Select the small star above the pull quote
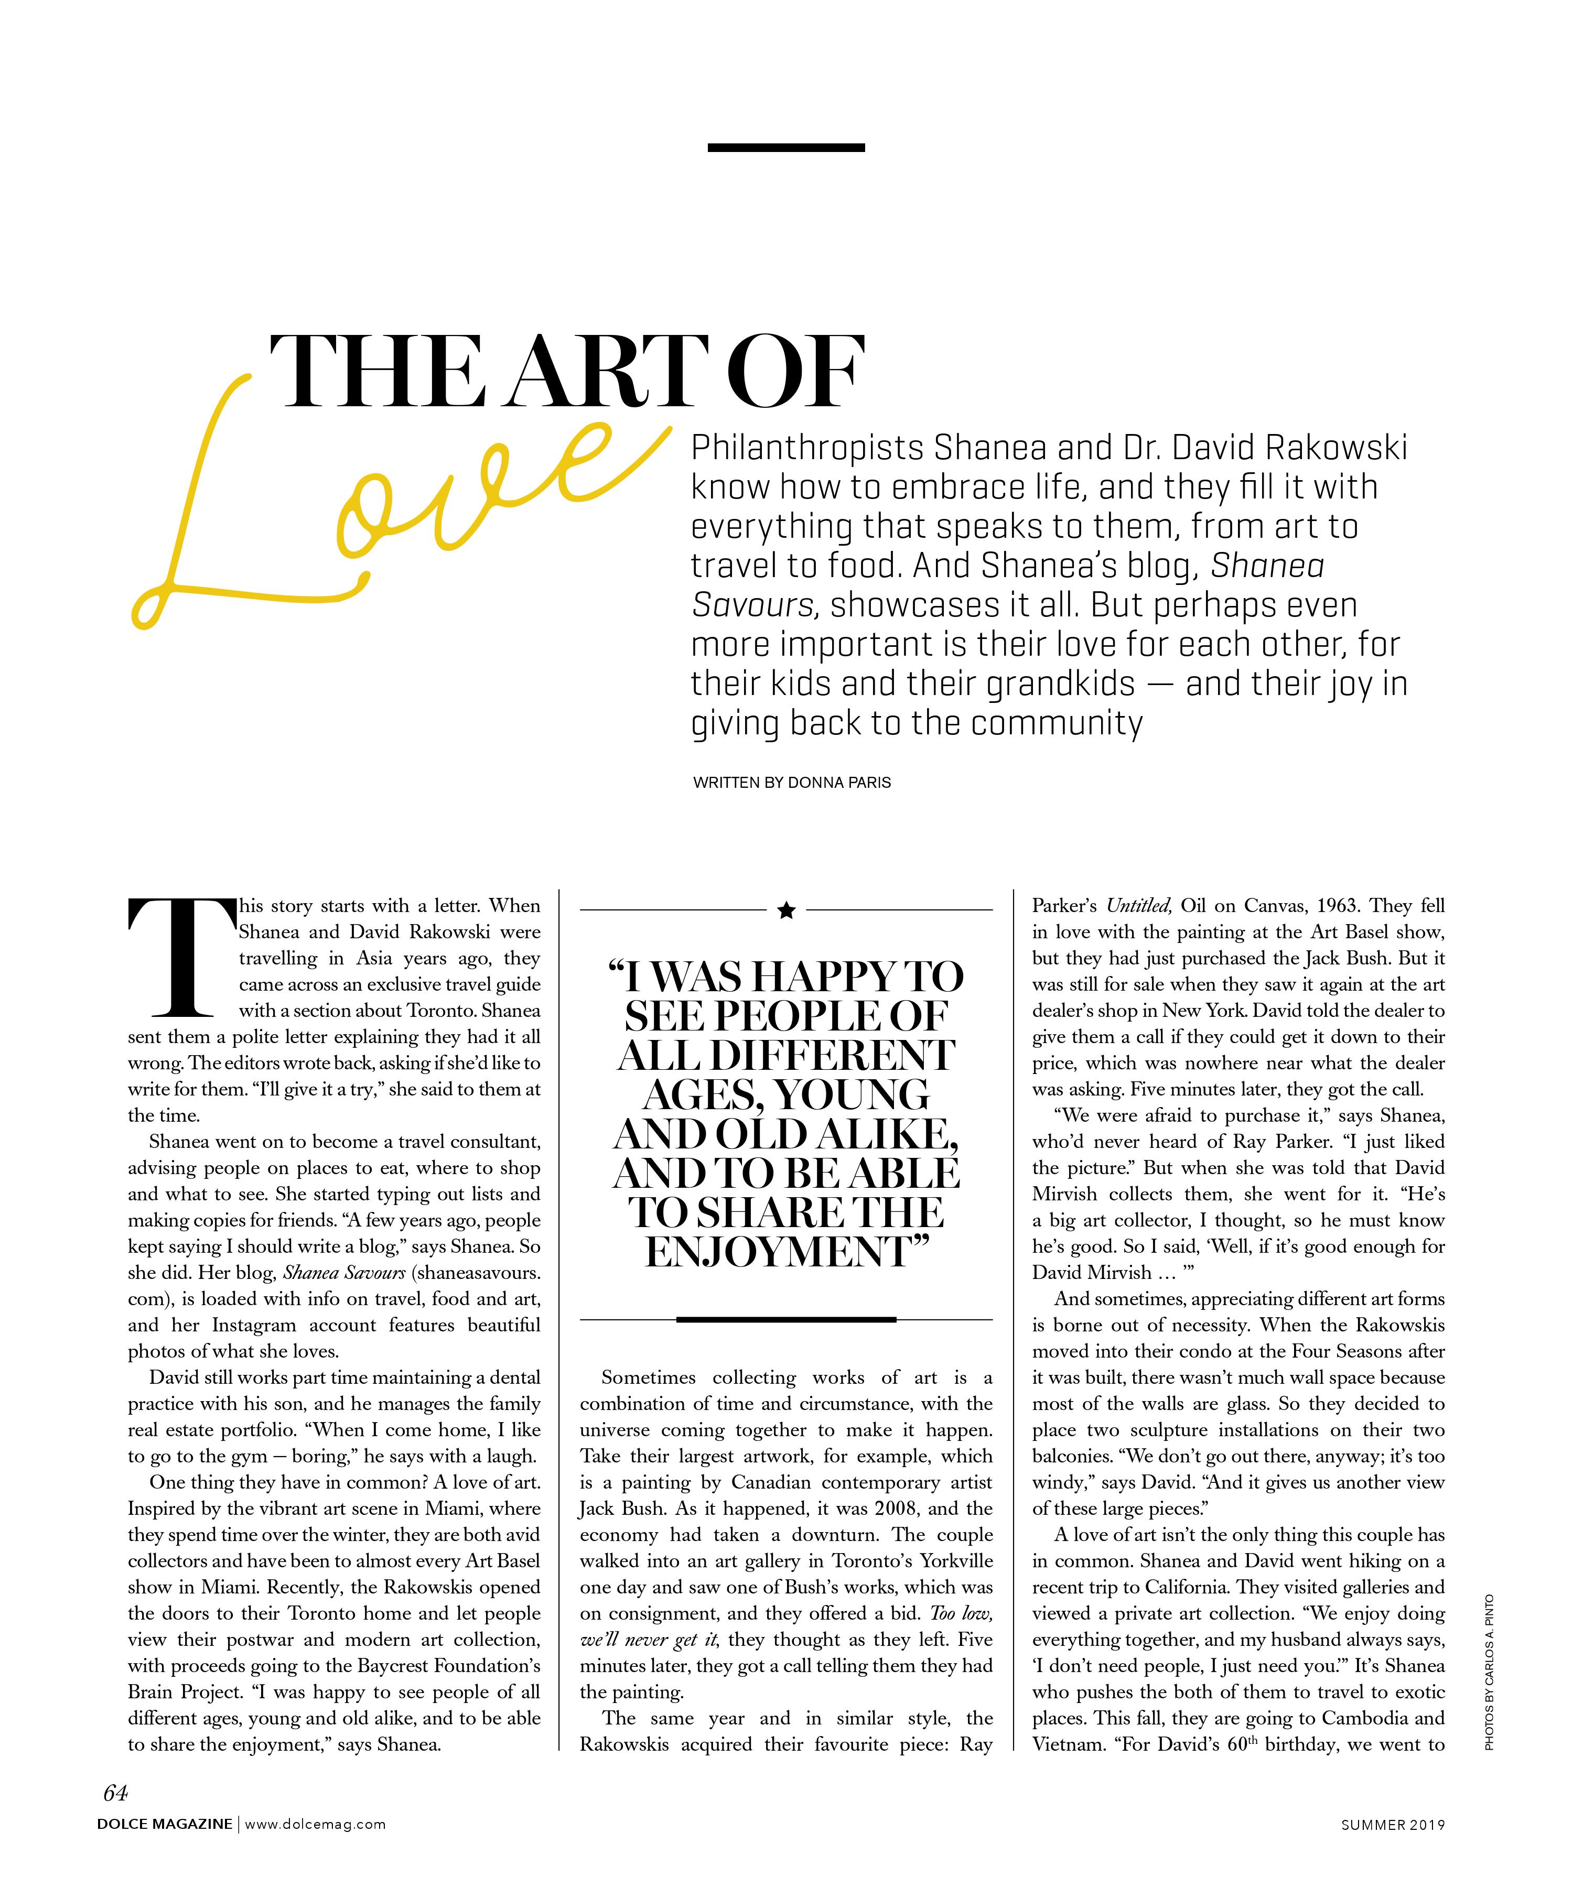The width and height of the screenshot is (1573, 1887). click(x=786, y=910)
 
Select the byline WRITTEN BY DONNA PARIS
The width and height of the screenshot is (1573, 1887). click(x=792, y=783)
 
